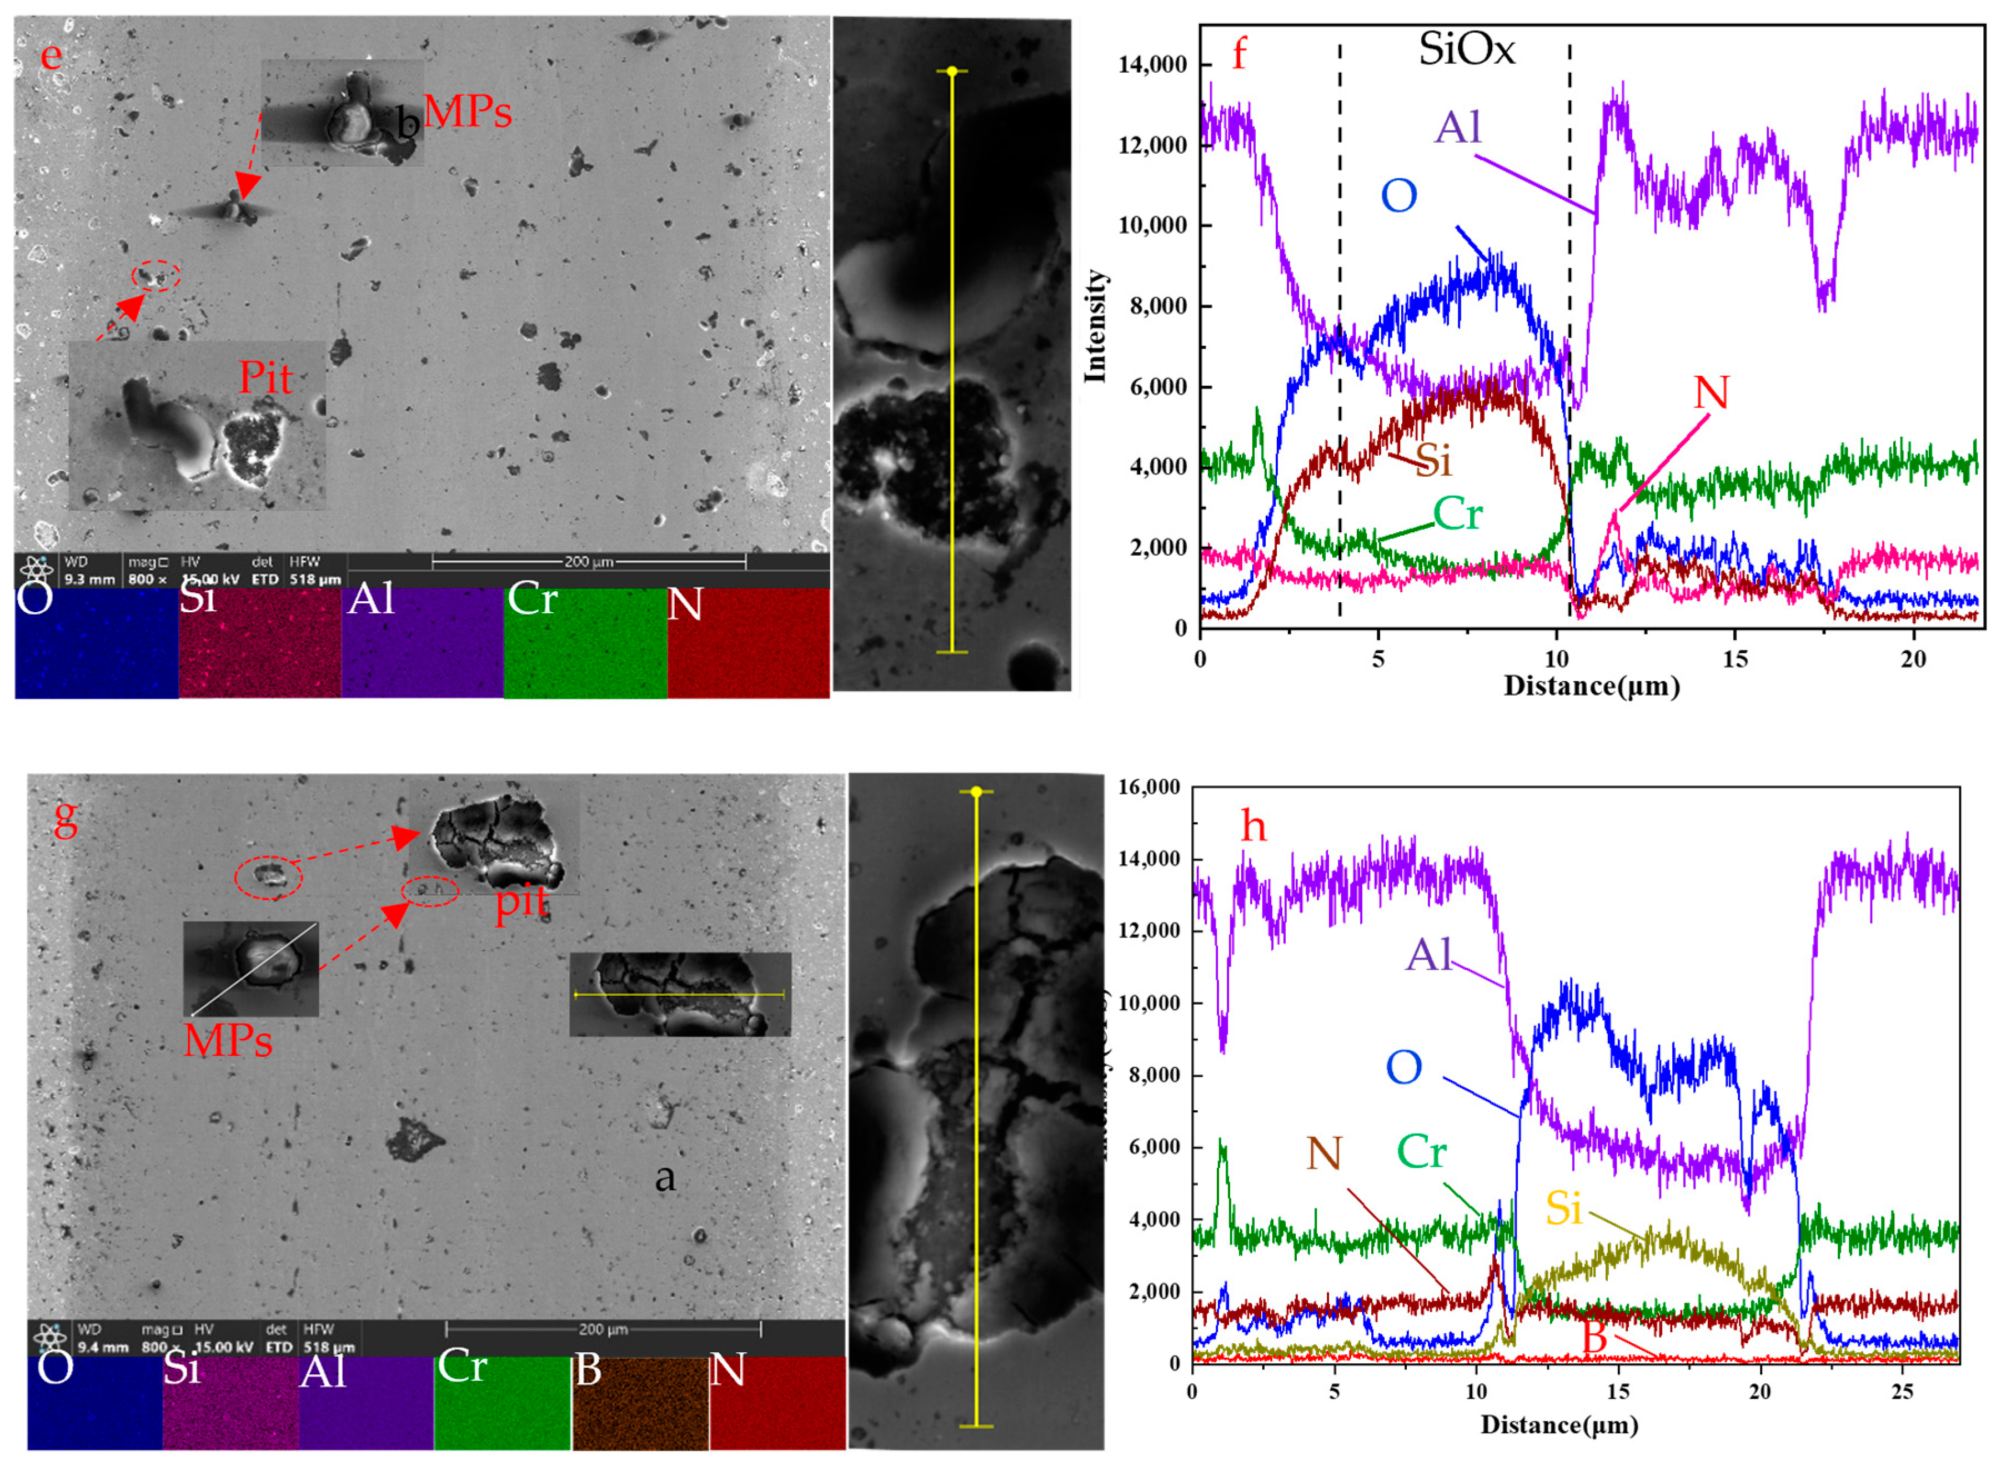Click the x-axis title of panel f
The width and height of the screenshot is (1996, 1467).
click(1591, 687)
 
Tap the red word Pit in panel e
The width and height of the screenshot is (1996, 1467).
click(265, 379)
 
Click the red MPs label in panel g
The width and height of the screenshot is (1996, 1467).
click(227, 1040)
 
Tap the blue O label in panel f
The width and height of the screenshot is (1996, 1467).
click(1398, 196)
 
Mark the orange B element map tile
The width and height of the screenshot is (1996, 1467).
click(640, 1404)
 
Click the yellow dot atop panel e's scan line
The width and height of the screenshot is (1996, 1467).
click(951, 71)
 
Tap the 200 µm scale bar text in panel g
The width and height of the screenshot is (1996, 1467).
click(603, 1329)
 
